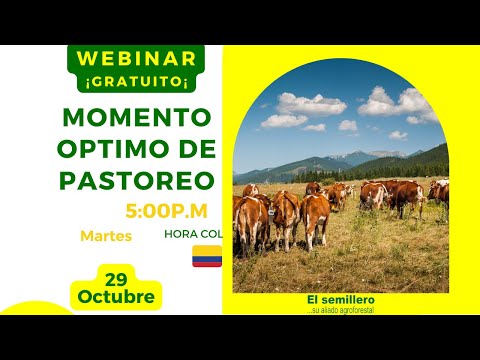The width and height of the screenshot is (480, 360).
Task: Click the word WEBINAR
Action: point(137,57)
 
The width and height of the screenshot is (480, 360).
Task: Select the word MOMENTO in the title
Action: point(138,117)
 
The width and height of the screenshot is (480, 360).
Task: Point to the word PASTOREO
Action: point(138,181)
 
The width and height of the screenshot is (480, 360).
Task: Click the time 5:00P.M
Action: point(167,212)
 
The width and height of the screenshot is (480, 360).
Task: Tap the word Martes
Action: point(103,236)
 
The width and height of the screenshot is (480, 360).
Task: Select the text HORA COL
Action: point(192,234)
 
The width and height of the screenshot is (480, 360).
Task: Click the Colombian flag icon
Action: point(207,256)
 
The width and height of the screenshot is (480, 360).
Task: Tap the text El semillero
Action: point(340,300)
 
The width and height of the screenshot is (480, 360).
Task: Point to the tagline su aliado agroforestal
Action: point(340,310)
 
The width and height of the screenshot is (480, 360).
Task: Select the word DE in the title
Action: point(192,149)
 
